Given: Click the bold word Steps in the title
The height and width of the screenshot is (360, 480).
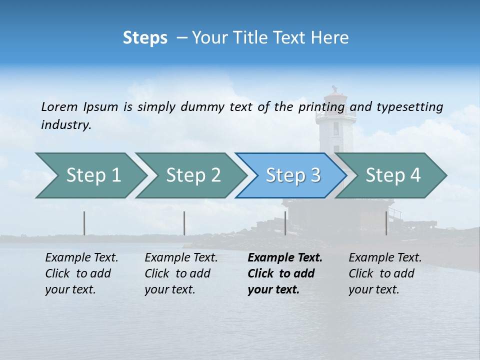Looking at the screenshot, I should (x=145, y=38).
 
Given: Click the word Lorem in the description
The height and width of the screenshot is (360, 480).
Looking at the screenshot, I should (x=59, y=106).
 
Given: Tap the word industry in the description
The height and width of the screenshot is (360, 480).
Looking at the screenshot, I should (x=66, y=124).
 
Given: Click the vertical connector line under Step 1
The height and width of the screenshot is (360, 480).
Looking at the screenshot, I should (x=84, y=223).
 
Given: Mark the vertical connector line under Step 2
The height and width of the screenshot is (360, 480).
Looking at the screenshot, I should (x=184, y=223).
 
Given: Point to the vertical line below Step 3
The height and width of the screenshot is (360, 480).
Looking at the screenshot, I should (x=285, y=223).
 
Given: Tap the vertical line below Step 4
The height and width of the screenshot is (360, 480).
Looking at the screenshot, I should (x=386, y=223).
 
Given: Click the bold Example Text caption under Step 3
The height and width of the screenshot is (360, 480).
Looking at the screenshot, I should (x=285, y=273).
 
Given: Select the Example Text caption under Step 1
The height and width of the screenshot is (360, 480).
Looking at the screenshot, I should (x=81, y=273).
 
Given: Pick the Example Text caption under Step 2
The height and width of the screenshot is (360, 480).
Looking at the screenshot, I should (x=181, y=273).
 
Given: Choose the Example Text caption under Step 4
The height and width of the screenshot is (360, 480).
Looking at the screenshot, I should (x=385, y=273).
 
